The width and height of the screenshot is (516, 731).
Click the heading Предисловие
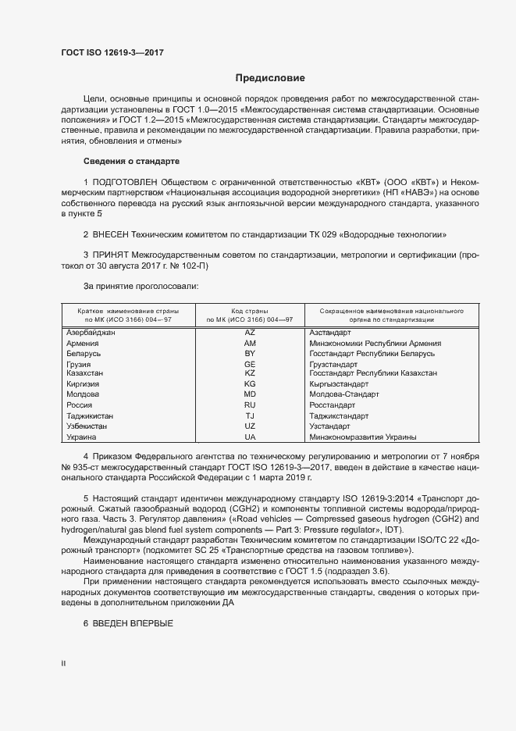(x=270, y=78)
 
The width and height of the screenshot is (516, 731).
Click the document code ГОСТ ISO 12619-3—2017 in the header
(x=112, y=53)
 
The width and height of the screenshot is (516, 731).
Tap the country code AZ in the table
(x=250, y=333)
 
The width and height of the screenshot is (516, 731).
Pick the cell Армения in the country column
(x=83, y=344)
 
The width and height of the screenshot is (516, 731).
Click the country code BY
(x=250, y=354)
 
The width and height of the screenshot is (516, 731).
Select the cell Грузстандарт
(x=337, y=365)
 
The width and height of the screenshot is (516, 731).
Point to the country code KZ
(x=250, y=374)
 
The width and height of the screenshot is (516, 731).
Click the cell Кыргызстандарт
(x=339, y=385)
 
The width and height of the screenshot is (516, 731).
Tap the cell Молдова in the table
(x=83, y=395)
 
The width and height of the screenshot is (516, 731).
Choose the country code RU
(x=250, y=406)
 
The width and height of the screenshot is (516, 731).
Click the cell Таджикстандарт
(x=340, y=416)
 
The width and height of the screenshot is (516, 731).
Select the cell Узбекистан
(x=87, y=427)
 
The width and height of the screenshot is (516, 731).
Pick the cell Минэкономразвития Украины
(x=362, y=437)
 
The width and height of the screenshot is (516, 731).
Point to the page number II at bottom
(x=64, y=664)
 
